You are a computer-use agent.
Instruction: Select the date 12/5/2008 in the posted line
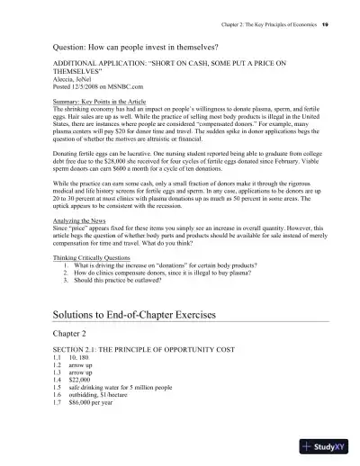76,85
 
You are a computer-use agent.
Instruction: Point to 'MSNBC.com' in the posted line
114,85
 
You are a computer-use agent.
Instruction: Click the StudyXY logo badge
324,445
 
